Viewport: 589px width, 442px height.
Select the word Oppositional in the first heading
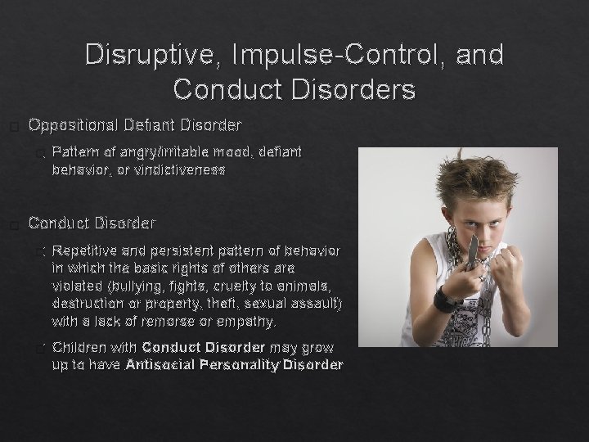pyautogui.click(x=74, y=125)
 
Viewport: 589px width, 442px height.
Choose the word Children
pyautogui.click(x=79, y=346)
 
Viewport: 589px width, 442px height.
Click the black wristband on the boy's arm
pyautogui.click(x=446, y=298)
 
